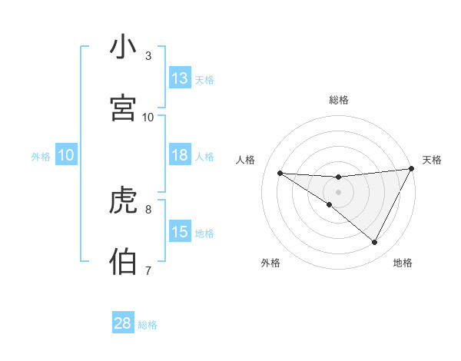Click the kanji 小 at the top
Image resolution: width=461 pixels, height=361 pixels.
(123, 48)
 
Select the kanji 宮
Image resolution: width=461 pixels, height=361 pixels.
(123, 108)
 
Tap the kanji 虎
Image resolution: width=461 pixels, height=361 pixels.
(123, 201)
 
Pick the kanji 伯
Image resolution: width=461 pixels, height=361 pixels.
(123, 262)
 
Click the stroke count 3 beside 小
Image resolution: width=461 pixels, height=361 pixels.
(148, 56)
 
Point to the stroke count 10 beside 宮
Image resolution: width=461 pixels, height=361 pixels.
(148, 117)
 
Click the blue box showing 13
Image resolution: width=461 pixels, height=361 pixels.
(180, 78)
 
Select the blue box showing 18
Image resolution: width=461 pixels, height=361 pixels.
(180, 155)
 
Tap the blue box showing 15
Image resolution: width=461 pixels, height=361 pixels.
(180, 232)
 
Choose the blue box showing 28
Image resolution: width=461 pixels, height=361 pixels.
(123, 323)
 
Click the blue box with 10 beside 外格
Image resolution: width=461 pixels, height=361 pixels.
(66, 155)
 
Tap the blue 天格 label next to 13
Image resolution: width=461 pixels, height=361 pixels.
(204, 80)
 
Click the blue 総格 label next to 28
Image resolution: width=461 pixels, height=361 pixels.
(148, 325)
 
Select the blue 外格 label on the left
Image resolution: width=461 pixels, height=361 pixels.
(41, 157)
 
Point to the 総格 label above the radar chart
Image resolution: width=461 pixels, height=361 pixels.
(339, 100)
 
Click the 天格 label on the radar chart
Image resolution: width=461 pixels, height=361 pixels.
(432, 160)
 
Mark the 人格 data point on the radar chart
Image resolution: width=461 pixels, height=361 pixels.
(280, 173)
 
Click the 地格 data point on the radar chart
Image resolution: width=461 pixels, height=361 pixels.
(375, 243)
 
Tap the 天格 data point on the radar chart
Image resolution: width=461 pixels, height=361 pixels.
(412, 169)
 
